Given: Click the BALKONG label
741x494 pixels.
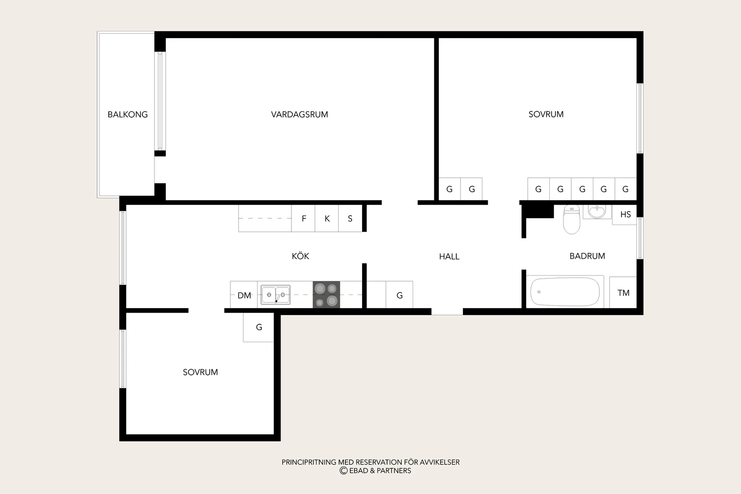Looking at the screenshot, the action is tap(128, 115).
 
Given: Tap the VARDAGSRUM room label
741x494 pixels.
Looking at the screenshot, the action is tap(300, 115).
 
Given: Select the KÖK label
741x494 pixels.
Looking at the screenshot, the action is tap(300, 256).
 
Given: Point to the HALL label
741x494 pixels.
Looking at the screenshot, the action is tap(449, 256).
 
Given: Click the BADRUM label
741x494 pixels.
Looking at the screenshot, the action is tap(587, 256).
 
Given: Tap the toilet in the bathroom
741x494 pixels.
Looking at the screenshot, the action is tap(572, 219).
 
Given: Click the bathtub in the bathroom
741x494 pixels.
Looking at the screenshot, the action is tap(565, 292).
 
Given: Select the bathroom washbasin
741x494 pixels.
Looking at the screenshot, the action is tap(597, 212).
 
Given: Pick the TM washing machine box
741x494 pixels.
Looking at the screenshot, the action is tap(623, 292).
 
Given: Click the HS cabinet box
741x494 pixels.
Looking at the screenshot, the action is tap(625, 215).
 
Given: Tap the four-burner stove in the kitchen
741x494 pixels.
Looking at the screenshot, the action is tap(326, 295).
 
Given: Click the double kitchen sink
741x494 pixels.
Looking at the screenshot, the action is tap(276, 295).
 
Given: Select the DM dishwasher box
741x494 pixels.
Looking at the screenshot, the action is tap(244, 295).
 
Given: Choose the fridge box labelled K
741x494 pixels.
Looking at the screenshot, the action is tap(327, 218).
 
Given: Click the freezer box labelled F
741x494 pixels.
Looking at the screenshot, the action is tap(303, 218).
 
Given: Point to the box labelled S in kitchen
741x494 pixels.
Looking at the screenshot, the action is tap(350, 218).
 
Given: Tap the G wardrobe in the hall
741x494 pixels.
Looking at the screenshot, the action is tap(399, 295).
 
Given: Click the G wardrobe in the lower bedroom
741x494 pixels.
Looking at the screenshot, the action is tap(258, 327).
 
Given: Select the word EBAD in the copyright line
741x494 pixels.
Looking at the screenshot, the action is tap(358, 471).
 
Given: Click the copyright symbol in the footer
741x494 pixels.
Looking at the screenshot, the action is tap(344, 471).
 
